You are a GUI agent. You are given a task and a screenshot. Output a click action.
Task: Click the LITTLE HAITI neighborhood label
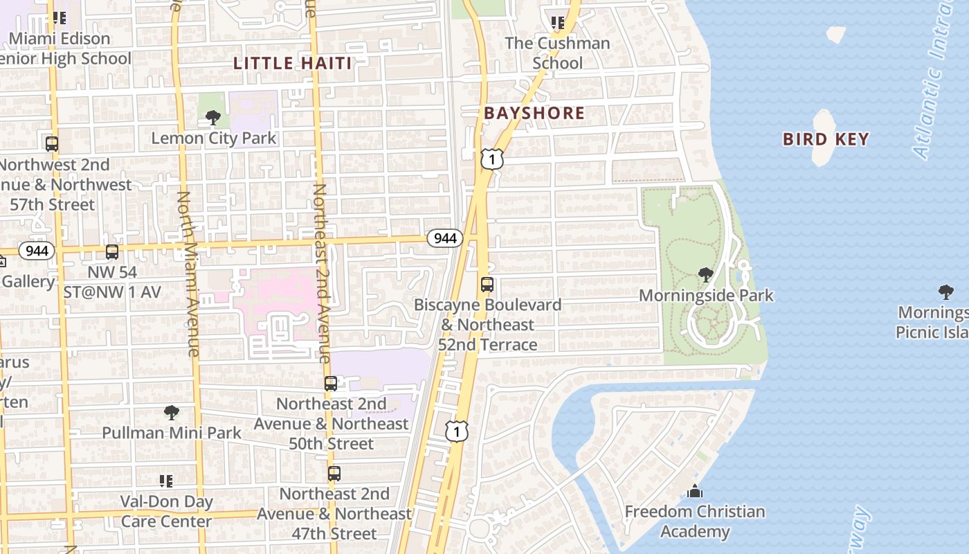(292, 63)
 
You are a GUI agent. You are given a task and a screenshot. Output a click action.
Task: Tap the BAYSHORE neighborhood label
(534, 113)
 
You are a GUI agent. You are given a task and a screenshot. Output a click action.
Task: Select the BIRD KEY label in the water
(826, 139)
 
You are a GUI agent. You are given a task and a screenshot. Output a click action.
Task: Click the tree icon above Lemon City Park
(213, 118)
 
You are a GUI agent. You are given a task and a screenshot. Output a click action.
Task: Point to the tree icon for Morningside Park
(706, 275)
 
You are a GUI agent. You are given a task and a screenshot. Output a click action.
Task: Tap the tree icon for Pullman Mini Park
(172, 413)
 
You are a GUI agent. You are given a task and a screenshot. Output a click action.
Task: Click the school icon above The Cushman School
(558, 23)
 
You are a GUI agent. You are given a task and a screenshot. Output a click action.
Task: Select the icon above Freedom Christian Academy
(695, 492)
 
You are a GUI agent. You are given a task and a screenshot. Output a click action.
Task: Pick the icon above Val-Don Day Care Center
(166, 481)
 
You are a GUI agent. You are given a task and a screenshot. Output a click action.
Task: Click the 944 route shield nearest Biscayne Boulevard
(444, 238)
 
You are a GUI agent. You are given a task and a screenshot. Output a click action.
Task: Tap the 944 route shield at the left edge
(36, 250)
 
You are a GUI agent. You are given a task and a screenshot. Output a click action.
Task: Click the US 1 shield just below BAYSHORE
(491, 159)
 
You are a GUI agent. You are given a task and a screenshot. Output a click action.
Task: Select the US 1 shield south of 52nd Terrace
(457, 431)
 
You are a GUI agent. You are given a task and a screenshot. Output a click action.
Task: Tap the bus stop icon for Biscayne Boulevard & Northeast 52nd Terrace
(487, 285)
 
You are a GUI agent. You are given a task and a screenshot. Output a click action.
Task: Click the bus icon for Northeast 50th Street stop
(331, 383)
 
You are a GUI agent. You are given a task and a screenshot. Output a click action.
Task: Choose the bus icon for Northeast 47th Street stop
(334, 474)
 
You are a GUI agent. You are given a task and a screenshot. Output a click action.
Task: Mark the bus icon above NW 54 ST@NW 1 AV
(112, 252)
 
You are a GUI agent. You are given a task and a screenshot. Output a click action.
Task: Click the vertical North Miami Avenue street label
(188, 274)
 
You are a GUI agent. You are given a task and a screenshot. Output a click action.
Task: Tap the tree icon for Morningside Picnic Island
(945, 292)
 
